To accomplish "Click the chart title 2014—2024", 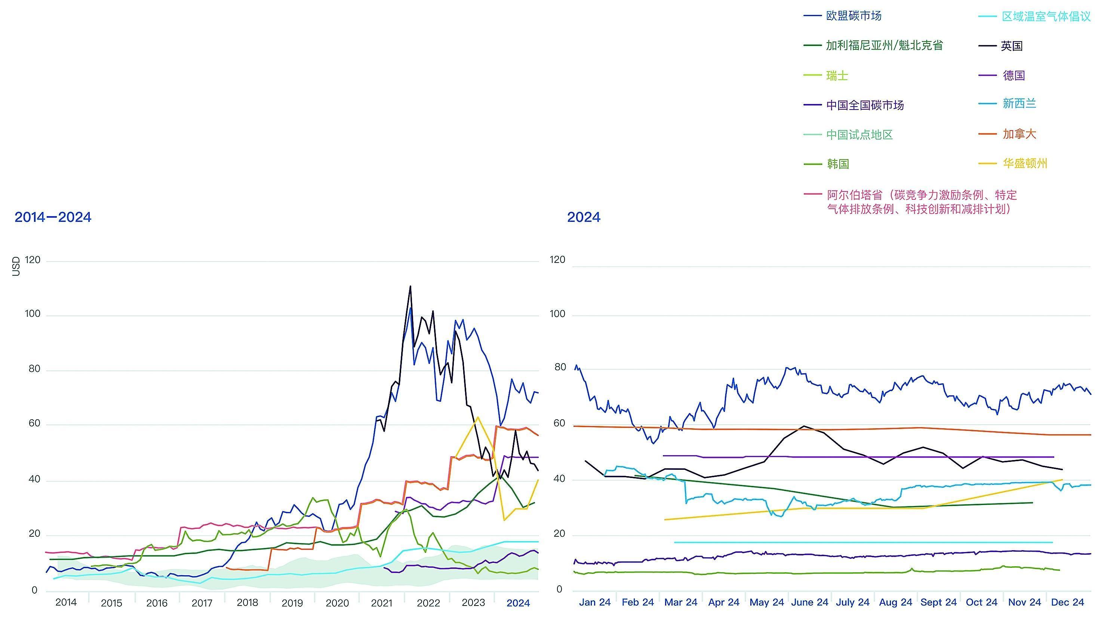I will (53, 217).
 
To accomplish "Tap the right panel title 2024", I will (584, 217).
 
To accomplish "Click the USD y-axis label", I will (16, 266).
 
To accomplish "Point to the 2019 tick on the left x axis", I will (292, 603).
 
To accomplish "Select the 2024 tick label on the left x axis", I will (518, 603).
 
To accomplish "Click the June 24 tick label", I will (810, 602).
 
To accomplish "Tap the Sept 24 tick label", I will (938, 602).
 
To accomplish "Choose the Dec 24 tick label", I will (1067, 602).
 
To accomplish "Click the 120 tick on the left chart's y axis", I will (33, 260).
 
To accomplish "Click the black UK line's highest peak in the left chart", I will (410, 286).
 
